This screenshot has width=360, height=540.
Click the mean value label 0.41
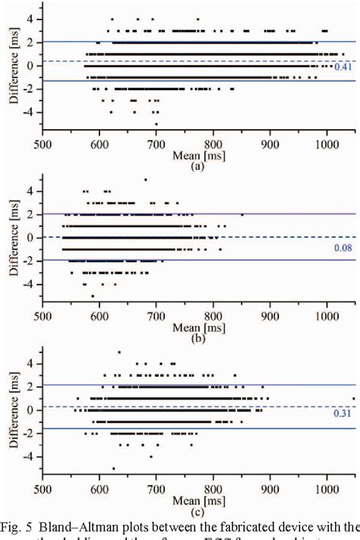pyautogui.click(x=342, y=67)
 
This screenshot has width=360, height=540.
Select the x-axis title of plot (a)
pyautogui.click(x=196, y=153)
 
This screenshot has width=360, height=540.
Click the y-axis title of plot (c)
pyautogui.click(x=9, y=410)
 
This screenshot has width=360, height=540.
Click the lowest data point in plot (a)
pyautogui.click(x=156, y=124)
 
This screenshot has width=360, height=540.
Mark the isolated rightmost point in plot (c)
pyautogui.click(x=353, y=398)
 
